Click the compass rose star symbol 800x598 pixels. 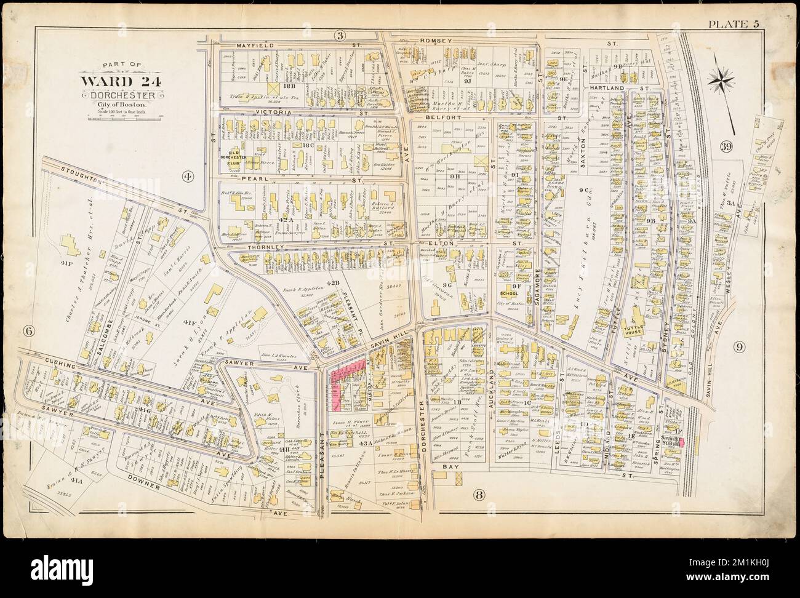click(x=718, y=78)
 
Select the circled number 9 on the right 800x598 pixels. click(x=739, y=347)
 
